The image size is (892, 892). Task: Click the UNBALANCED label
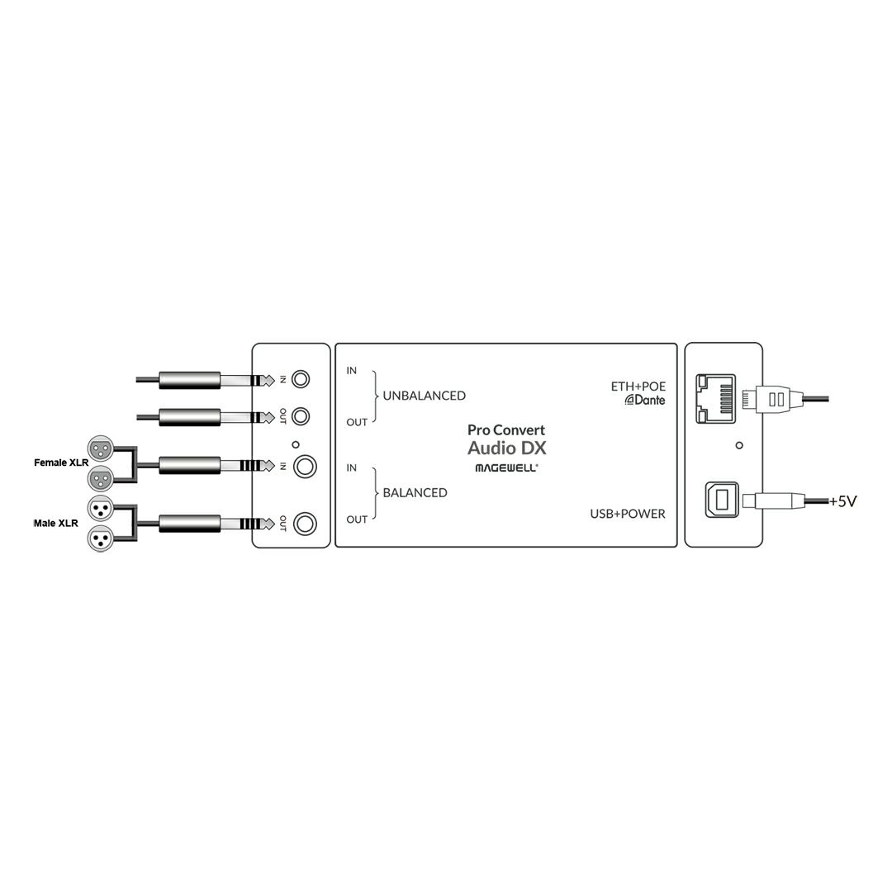pyautogui.click(x=424, y=396)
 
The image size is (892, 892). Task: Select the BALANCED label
pyautogui.click(x=415, y=492)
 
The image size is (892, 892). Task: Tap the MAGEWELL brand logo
pyautogui.click(x=506, y=468)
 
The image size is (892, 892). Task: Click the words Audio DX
pyautogui.click(x=507, y=448)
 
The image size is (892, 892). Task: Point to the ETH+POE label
pyautogui.click(x=638, y=387)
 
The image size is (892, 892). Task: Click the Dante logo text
pyautogui.click(x=645, y=400)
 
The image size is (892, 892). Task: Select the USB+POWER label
pyautogui.click(x=628, y=514)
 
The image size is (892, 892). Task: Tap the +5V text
pyautogui.click(x=842, y=502)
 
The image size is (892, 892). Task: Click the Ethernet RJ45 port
pyautogui.click(x=715, y=399)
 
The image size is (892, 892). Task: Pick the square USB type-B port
pyautogui.click(x=722, y=500)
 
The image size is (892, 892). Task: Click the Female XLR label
pyautogui.click(x=61, y=463)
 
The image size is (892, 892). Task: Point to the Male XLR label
pyautogui.click(x=56, y=524)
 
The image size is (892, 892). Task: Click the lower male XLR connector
pyautogui.click(x=101, y=538)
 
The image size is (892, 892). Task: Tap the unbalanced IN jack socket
pyautogui.click(x=301, y=379)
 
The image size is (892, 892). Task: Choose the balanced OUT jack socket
pyautogui.click(x=305, y=524)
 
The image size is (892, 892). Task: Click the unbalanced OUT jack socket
pyautogui.click(x=301, y=416)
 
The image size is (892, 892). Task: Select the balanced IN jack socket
pyautogui.click(x=305, y=467)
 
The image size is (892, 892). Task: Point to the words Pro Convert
pyautogui.click(x=506, y=430)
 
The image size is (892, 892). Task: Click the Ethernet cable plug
pyautogui.click(x=771, y=399)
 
